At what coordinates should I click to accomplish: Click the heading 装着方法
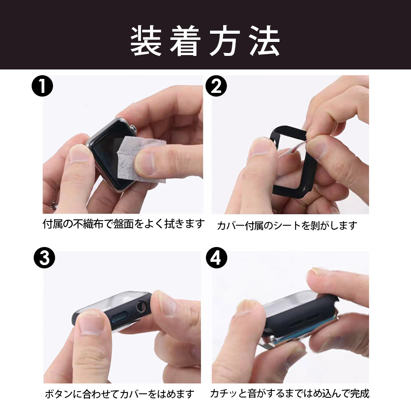[205, 41]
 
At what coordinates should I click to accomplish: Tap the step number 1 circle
[42, 86]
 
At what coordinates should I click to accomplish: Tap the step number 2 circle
[216, 86]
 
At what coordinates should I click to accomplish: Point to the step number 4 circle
[216, 257]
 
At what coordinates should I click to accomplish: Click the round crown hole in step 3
[141, 306]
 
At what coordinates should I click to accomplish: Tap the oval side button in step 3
[120, 318]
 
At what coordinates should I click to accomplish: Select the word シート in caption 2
[287, 225]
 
